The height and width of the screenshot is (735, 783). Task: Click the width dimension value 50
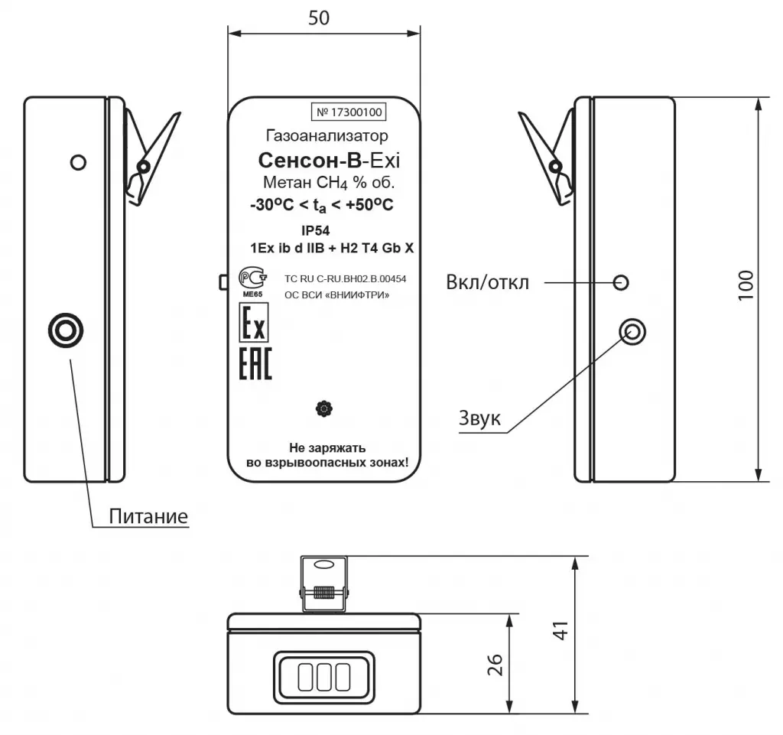(319, 18)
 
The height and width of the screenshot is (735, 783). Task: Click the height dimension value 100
(746, 285)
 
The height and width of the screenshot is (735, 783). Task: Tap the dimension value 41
(561, 630)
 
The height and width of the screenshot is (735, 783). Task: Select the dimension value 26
(495, 665)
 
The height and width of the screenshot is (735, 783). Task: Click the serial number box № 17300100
(349, 112)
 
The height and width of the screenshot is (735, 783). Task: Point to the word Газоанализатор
(327, 135)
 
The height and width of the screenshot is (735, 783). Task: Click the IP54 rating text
(316, 231)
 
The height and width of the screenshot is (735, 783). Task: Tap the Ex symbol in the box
(254, 323)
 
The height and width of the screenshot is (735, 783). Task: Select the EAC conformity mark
(255, 363)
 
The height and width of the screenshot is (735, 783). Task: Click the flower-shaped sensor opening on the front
(324, 409)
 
